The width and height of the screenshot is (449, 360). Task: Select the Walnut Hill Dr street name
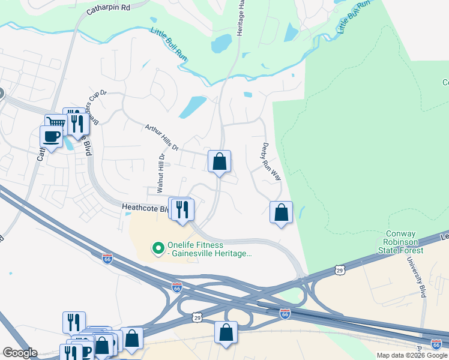(x=160, y=173)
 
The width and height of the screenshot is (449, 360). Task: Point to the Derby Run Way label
(x=272, y=162)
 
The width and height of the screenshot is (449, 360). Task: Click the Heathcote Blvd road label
(x=145, y=207)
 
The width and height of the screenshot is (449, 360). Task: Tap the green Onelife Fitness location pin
(x=158, y=247)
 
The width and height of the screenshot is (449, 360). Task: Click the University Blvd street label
(x=415, y=279)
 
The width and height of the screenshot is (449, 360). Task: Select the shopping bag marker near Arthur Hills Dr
(x=219, y=161)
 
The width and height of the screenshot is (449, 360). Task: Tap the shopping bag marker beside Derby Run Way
(x=281, y=212)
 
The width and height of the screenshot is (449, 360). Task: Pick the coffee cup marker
(x=50, y=136)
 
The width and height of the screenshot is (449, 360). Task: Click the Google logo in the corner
(x=19, y=353)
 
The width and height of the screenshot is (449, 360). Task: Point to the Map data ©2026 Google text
(x=412, y=355)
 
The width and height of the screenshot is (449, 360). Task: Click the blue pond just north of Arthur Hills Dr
(x=193, y=107)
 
